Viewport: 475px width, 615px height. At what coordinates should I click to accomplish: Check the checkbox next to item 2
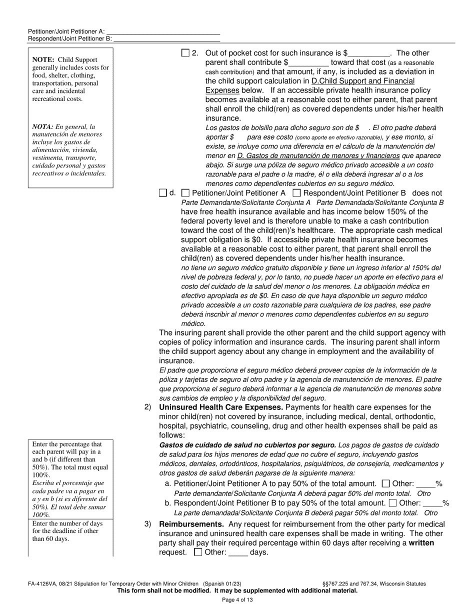[185, 53]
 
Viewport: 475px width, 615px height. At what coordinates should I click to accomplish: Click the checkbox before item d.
[162, 193]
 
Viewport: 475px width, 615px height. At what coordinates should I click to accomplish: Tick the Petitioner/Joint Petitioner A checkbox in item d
[185, 193]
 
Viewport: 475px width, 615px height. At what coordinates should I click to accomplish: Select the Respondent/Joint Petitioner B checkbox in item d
[296, 193]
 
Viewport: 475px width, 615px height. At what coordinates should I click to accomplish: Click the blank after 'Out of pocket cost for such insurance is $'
[369, 53]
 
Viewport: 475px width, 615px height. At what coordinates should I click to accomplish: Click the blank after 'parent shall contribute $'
[308, 63]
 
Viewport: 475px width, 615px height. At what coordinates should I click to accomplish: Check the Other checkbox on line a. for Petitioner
[385, 483]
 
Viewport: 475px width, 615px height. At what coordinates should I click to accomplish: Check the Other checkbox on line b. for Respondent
[392, 503]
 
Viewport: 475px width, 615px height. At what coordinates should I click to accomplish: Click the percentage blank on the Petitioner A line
[425, 484]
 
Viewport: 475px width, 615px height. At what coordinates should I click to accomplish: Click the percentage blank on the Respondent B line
[432, 503]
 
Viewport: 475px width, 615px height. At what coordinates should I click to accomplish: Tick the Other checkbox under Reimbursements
[197, 552]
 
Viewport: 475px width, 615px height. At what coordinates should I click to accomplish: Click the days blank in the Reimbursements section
[238, 553]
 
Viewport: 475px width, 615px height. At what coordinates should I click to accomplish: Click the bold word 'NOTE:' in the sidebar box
[43, 59]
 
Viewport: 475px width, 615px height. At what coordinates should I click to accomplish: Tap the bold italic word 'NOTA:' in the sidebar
[43, 126]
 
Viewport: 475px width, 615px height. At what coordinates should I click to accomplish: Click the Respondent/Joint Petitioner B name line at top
[167, 38]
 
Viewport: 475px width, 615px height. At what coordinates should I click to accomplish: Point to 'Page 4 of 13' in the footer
[237, 600]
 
